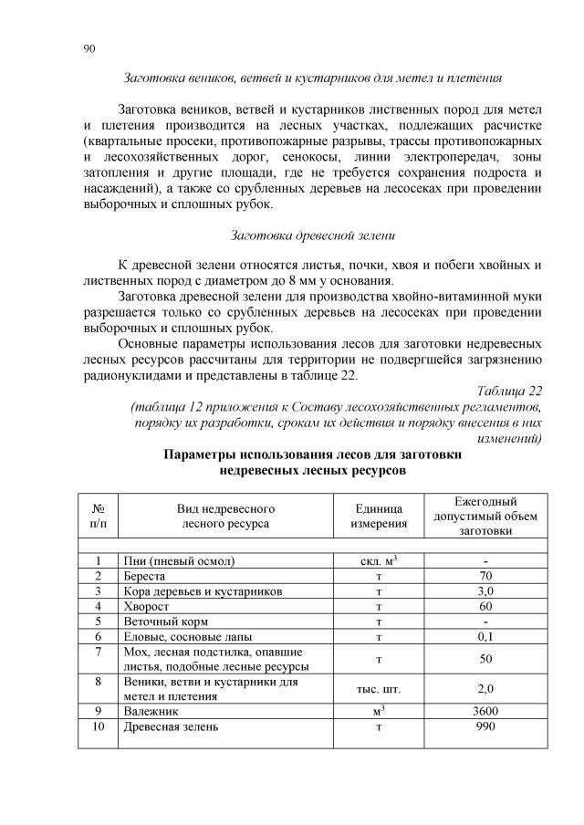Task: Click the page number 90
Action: pyautogui.click(x=89, y=48)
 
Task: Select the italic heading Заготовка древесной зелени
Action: pyautogui.click(x=313, y=236)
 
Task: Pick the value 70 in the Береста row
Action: pyautogui.click(x=486, y=576)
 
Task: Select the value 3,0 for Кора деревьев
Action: pyautogui.click(x=486, y=591)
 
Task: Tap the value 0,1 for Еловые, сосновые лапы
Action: pyautogui.click(x=486, y=636)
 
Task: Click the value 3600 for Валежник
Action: pyautogui.click(x=486, y=711)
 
